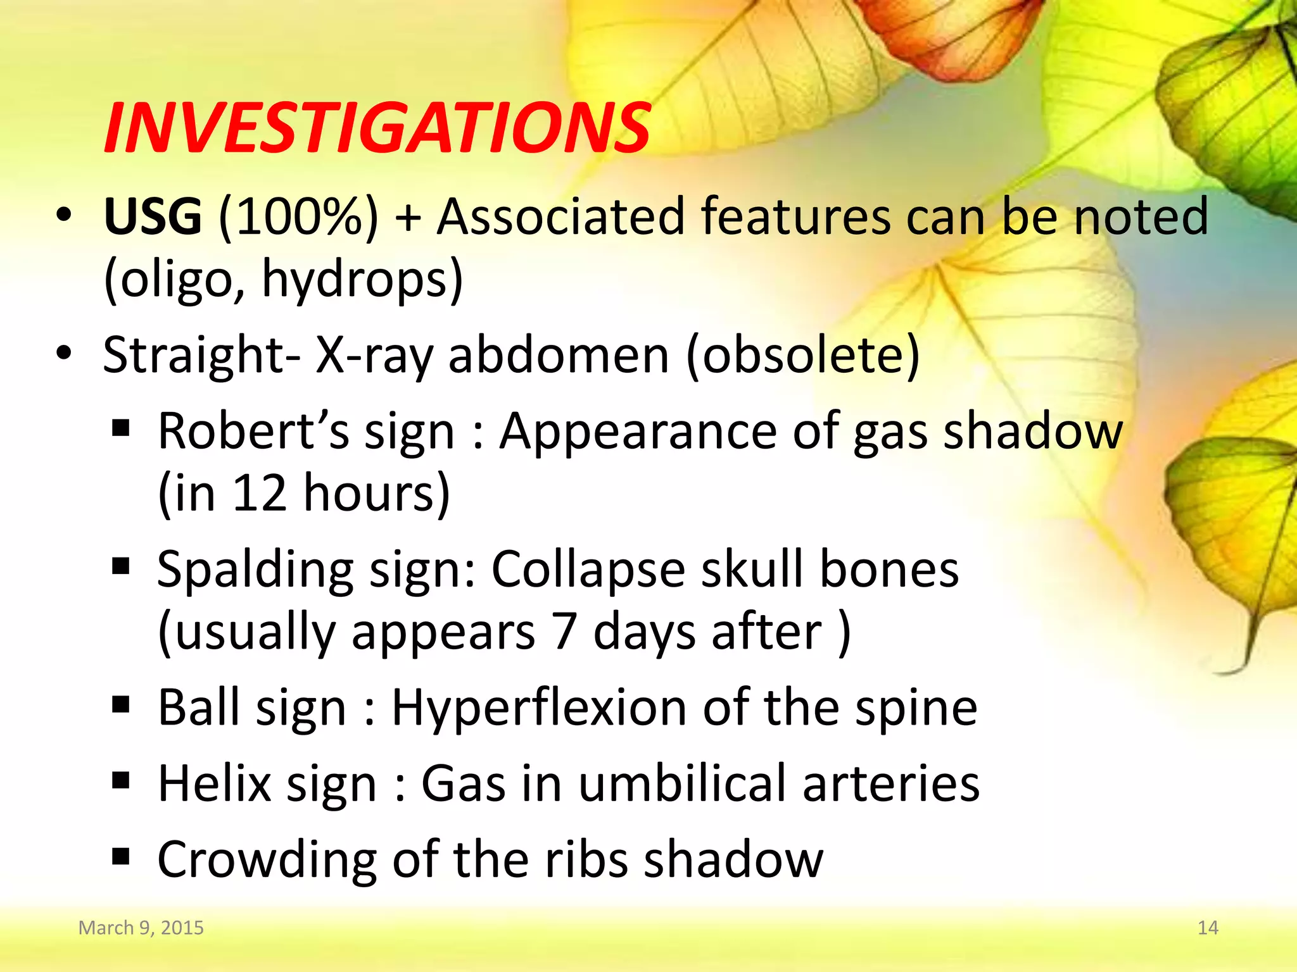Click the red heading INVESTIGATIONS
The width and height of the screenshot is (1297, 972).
coord(377,129)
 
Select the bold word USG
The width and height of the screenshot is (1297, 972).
coord(153,217)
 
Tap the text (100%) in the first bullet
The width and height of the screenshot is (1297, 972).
coord(298,217)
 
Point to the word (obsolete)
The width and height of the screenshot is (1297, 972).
coord(802,355)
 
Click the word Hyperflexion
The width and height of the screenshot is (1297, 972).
coord(539,707)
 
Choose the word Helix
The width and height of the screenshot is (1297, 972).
coord(214,784)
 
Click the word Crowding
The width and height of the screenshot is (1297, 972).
coord(267,860)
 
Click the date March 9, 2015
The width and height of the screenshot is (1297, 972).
coord(141,928)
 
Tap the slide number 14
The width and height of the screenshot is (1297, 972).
coord(1208,928)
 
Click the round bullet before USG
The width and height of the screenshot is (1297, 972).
coord(64,216)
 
